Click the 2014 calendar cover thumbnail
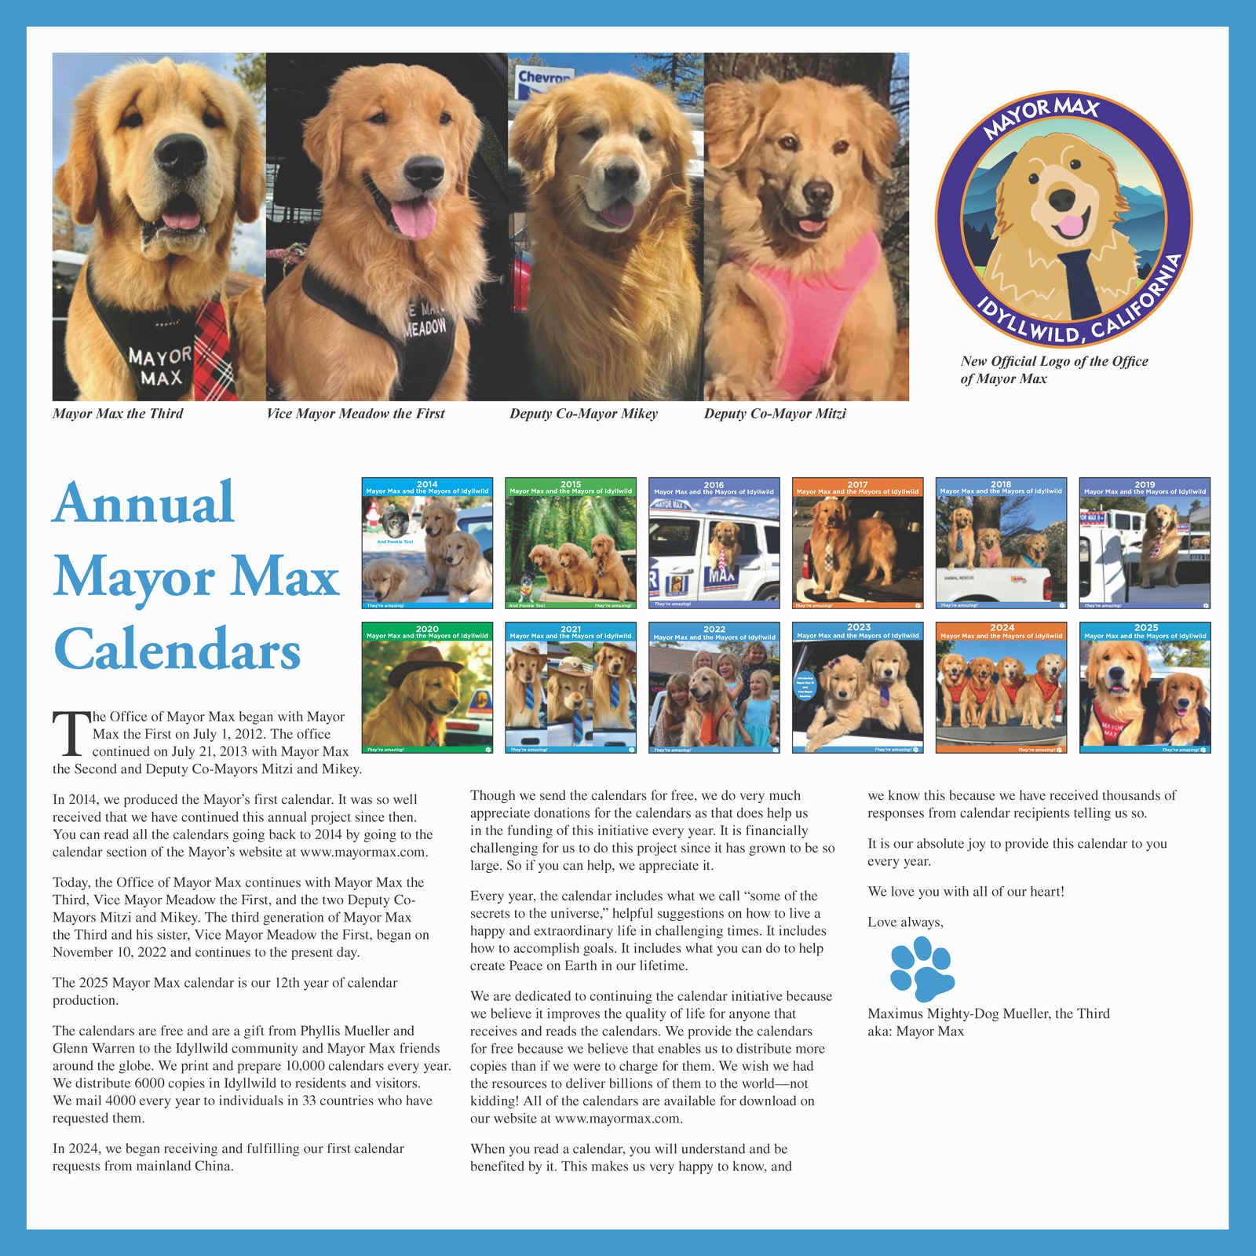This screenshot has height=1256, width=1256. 427,543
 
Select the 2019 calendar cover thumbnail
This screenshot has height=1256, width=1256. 1145,543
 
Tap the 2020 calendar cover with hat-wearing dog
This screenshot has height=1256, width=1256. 427,688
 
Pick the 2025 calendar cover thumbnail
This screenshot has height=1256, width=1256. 1145,688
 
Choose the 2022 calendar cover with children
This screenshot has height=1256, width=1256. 714,688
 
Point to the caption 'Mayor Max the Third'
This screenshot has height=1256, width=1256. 118,414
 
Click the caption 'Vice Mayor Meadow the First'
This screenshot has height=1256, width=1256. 355,414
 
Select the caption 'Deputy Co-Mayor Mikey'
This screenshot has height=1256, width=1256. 583,414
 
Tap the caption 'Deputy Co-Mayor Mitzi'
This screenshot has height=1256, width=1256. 775,414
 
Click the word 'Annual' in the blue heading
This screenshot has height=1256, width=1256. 144,503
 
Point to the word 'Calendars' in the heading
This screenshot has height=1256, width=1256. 177,650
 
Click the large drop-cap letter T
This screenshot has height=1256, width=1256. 71,733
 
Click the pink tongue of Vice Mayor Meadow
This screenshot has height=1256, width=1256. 413,219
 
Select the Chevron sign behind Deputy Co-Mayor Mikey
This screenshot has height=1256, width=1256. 542,78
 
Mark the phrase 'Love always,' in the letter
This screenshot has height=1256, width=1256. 905,922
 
